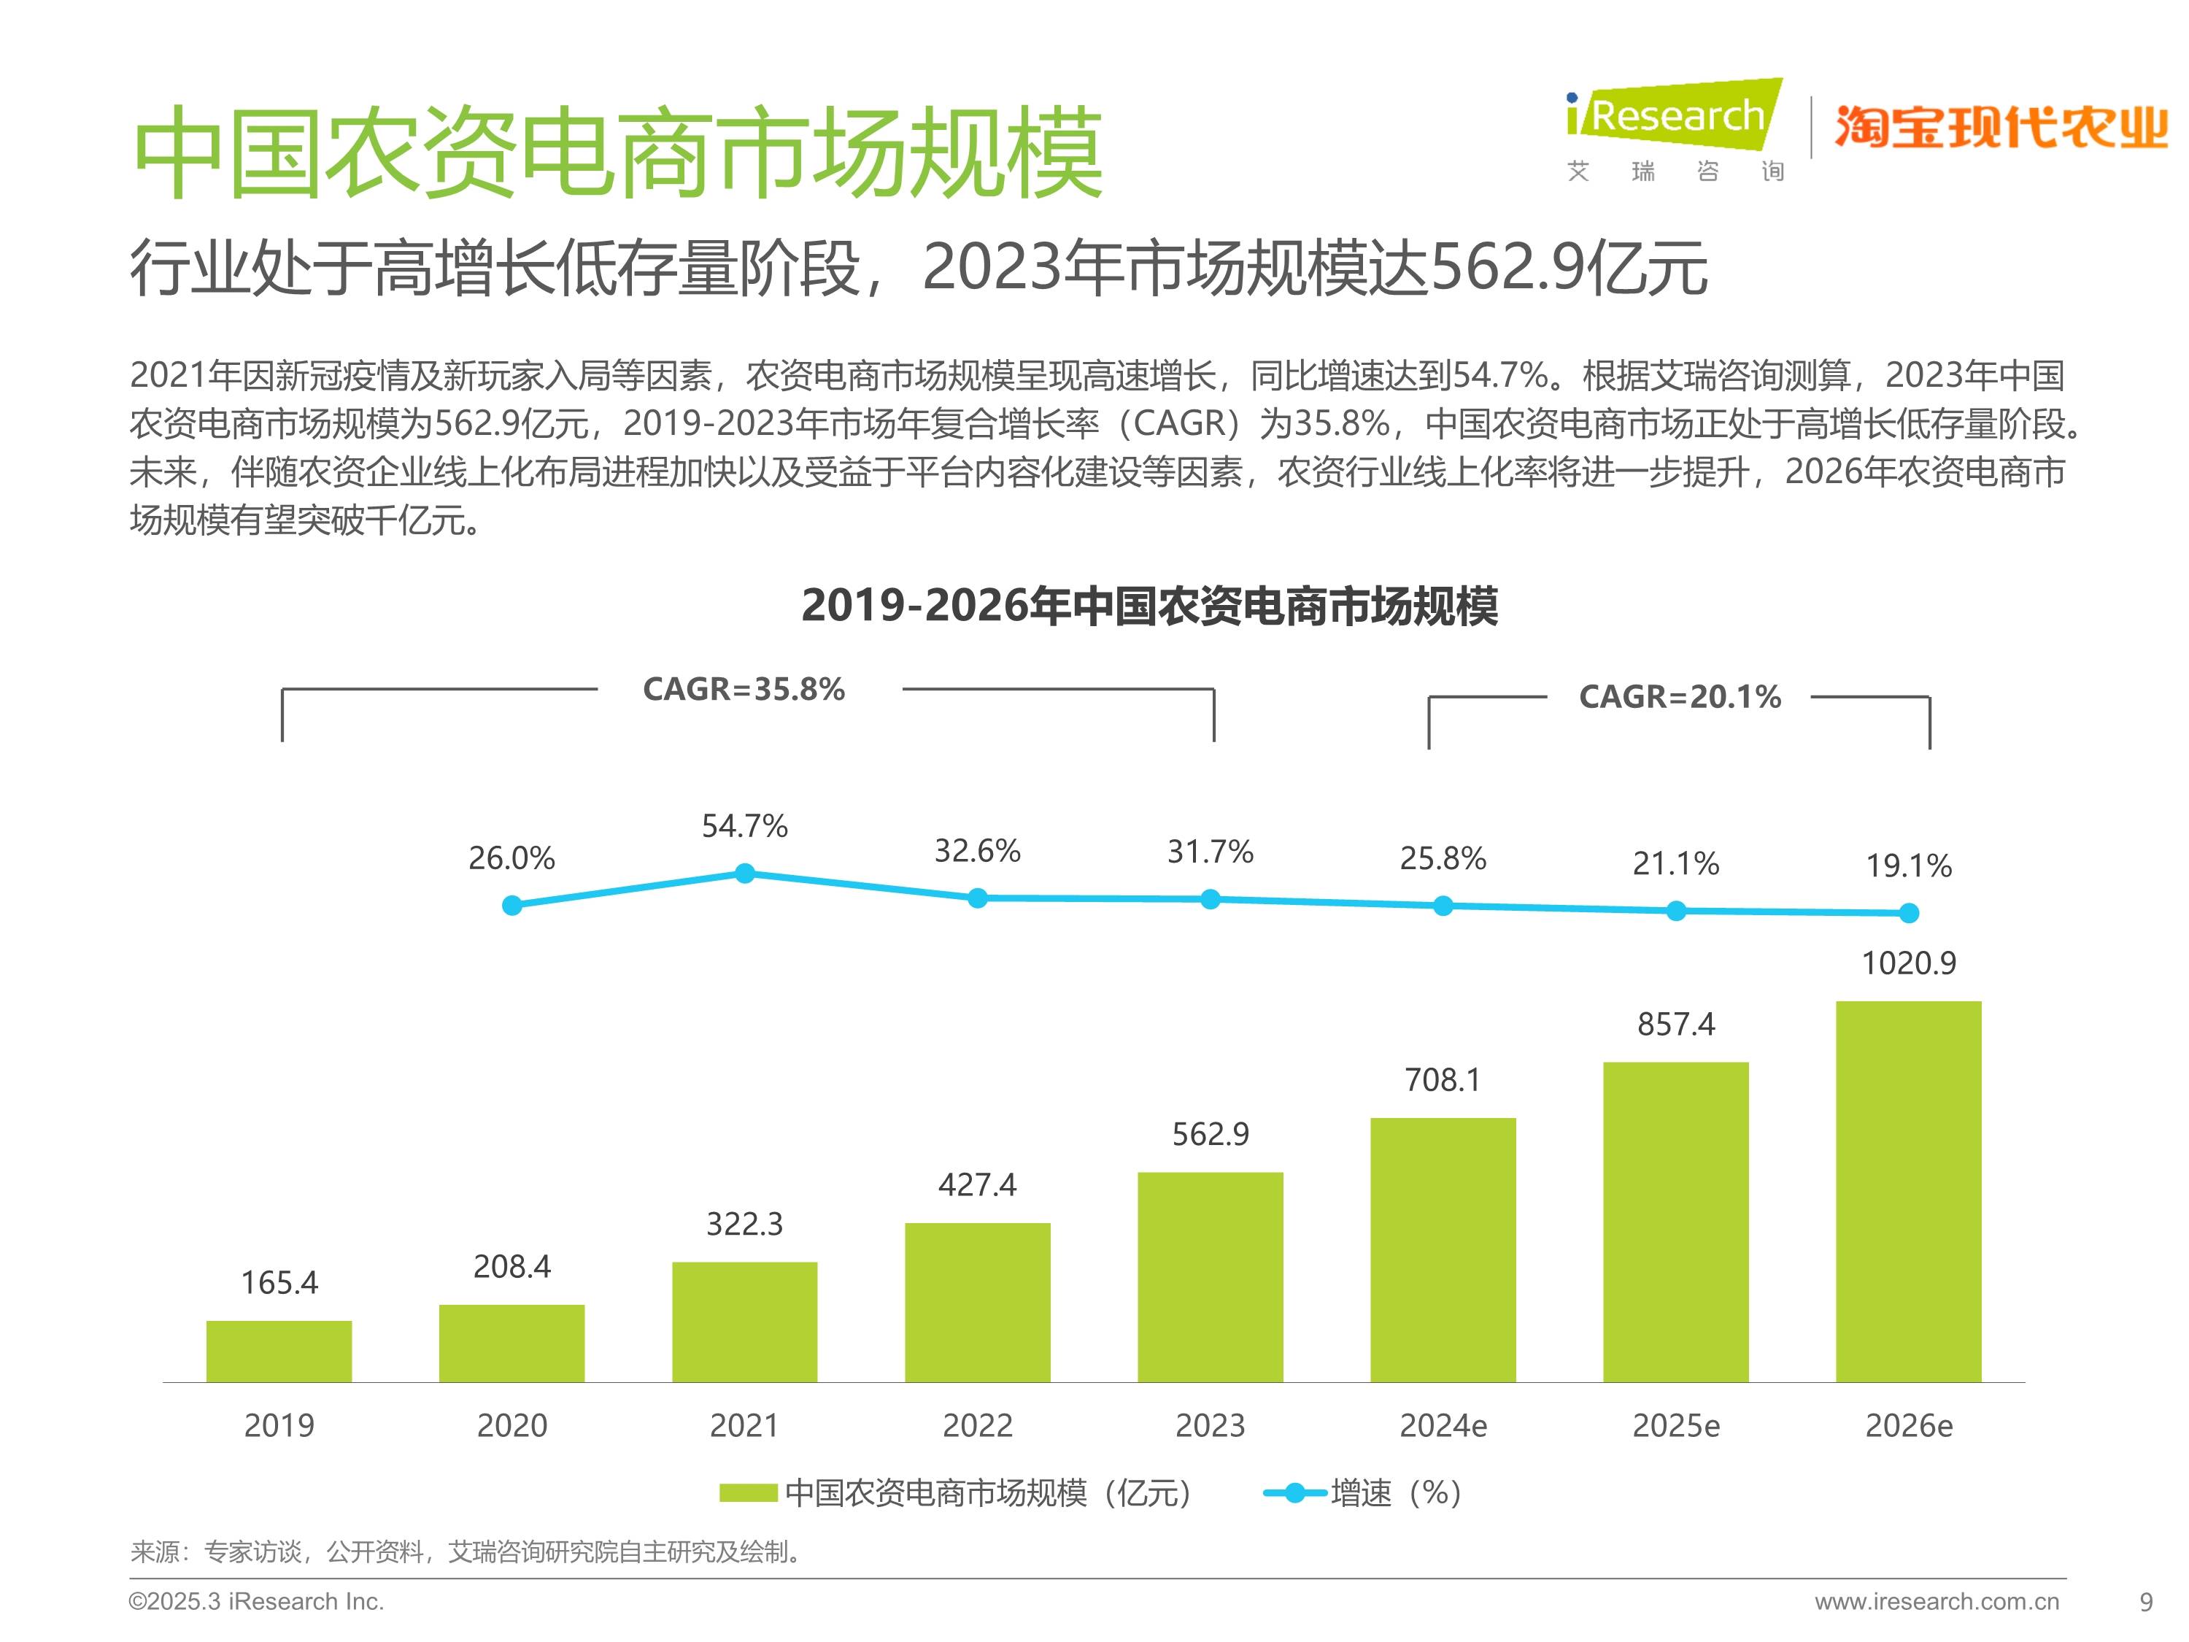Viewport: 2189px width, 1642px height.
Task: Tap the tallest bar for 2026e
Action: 1908,1192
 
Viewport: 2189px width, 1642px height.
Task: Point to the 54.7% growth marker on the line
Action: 745,873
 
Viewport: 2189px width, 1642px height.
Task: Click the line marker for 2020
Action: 511,905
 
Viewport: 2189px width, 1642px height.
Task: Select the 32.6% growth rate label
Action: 977,851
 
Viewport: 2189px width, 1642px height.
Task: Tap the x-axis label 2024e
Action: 1442,1425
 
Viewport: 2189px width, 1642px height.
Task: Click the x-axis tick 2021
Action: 744,1425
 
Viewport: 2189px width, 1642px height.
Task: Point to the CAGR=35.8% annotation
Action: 744,689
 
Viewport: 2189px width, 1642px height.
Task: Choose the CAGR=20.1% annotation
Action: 1680,697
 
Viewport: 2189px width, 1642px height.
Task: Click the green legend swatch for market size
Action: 748,1492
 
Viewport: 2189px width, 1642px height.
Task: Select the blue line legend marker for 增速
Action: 1294,1492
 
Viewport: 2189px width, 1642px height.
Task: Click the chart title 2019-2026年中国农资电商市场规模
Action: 1149,606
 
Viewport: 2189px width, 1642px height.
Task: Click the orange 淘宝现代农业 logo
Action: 2001,127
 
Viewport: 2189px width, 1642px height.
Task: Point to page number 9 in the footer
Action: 2145,1601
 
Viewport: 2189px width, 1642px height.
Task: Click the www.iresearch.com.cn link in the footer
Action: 1936,1601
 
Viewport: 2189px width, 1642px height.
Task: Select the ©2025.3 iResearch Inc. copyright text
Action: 256,1601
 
